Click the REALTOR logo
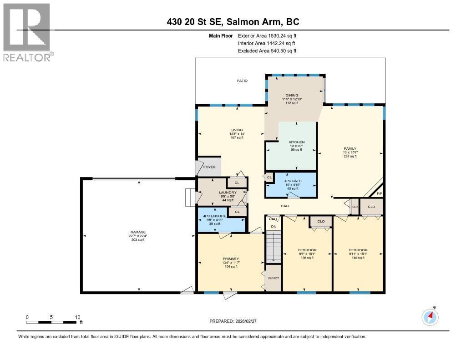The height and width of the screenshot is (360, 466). pos(27,32)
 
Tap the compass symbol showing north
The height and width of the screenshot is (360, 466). pos(430,317)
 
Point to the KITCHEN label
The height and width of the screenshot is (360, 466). pos(296,142)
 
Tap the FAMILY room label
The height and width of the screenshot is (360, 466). pos(350,148)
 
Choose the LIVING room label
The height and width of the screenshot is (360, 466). pos(237,130)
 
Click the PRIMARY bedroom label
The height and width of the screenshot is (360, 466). pos(231,259)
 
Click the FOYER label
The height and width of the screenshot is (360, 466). pos(209,167)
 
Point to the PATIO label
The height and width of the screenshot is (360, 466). pos(242,81)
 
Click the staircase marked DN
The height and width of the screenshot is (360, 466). pos(274,246)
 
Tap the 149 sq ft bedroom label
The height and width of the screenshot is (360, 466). pos(358,250)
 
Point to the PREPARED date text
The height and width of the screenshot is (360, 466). pos(233,321)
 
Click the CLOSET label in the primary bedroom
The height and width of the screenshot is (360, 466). pos(273,278)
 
